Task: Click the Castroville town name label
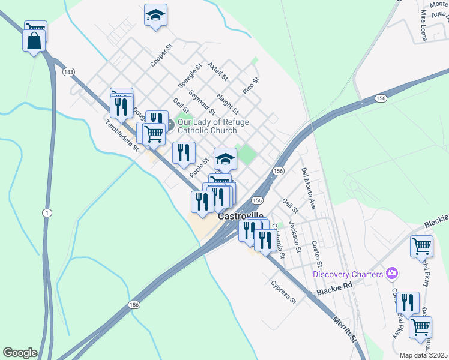tap(240, 215)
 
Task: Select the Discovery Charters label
tap(348, 274)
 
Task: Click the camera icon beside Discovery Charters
tap(393, 274)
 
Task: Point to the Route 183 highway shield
tap(68, 72)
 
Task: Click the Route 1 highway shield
tap(46, 213)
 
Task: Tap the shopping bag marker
tap(34, 41)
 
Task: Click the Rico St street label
tap(251, 86)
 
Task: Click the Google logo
tap(20, 353)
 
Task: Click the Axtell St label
tap(217, 71)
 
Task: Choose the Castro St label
tap(317, 254)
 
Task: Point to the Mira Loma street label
tap(423, 26)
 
